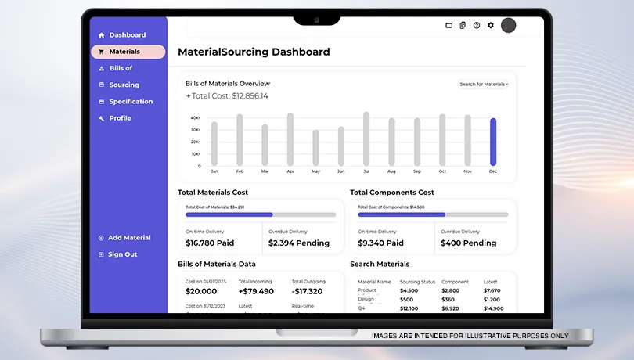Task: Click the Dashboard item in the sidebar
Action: point(127,35)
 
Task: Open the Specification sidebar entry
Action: point(131,102)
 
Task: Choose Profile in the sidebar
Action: point(120,118)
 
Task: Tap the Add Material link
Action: point(129,238)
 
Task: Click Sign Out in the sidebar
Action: point(122,254)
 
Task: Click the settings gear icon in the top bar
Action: point(491,25)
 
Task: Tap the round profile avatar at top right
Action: point(508,25)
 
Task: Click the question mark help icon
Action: point(477,25)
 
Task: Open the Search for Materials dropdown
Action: point(483,84)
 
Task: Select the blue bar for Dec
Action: point(493,142)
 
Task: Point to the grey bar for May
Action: point(315,148)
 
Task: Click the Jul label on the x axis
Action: point(366,171)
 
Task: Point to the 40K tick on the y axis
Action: point(196,118)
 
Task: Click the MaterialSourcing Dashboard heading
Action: point(254,52)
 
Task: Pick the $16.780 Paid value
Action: point(210,243)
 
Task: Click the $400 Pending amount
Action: point(468,243)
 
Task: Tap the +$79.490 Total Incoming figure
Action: point(256,291)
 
